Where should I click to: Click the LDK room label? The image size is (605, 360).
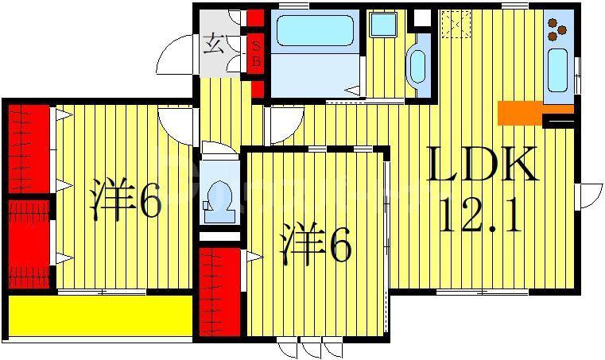click(482, 164)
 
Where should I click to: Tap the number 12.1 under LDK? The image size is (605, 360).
click(480, 215)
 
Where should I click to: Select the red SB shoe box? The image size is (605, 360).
click(255, 53)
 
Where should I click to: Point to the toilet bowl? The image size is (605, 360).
click(219, 203)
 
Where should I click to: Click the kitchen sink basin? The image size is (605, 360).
click(557, 70)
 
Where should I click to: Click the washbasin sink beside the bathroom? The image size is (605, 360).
click(417, 67)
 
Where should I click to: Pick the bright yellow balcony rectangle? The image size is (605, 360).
click(100, 315)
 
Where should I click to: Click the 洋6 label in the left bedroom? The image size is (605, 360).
click(125, 198)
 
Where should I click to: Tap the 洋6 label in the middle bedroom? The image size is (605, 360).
click(316, 244)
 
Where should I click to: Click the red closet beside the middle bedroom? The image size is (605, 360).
click(220, 292)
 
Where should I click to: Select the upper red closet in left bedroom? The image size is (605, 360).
click(29, 149)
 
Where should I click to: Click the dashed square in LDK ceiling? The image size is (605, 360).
click(456, 25)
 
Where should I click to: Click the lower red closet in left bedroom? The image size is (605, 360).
click(29, 244)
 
